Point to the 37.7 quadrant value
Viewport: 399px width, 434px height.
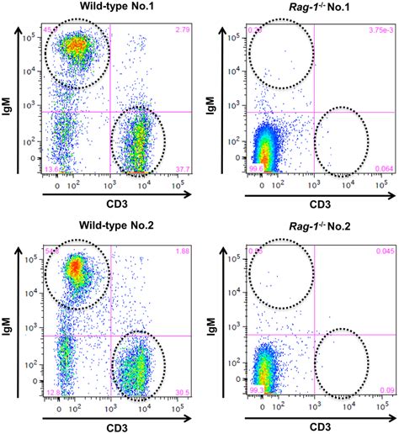[181, 169]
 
